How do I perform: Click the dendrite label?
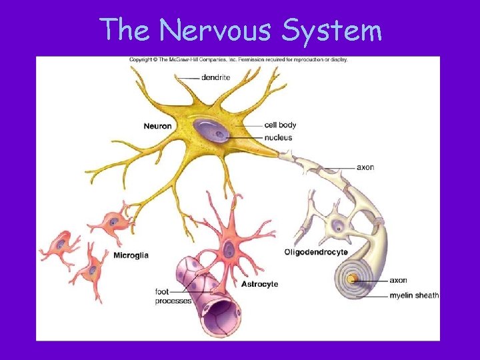(215, 77)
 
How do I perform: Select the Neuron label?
(157, 125)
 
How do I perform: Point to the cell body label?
(280, 125)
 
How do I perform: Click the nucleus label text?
(278, 138)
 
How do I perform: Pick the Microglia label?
(131, 255)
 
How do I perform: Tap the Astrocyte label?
(259, 284)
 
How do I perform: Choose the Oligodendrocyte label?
(316, 252)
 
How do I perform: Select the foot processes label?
(173, 296)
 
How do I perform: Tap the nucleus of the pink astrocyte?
(229, 250)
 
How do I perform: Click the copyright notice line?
(238, 59)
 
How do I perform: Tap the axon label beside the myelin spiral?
(398, 281)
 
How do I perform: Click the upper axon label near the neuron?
(365, 167)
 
